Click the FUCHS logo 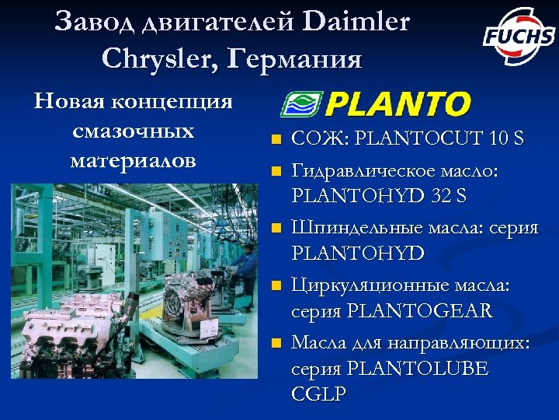coord(518,36)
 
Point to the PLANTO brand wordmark coord(398,103)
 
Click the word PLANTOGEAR coord(420,311)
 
